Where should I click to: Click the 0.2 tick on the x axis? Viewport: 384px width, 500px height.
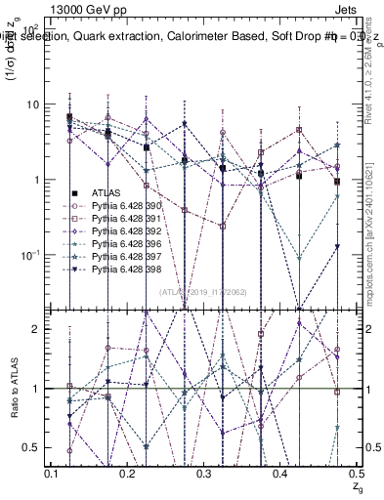pyautogui.click(x=128, y=474)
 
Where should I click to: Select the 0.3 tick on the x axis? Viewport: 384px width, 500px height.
pyautogui.click(x=203, y=474)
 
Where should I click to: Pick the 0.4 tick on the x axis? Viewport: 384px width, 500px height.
pyautogui.click(x=279, y=474)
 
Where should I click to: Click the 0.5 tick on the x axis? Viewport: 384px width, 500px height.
pyautogui.click(x=354, y=474)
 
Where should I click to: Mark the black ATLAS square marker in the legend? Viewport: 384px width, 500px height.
pyautogui.click(x=73, y=195)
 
